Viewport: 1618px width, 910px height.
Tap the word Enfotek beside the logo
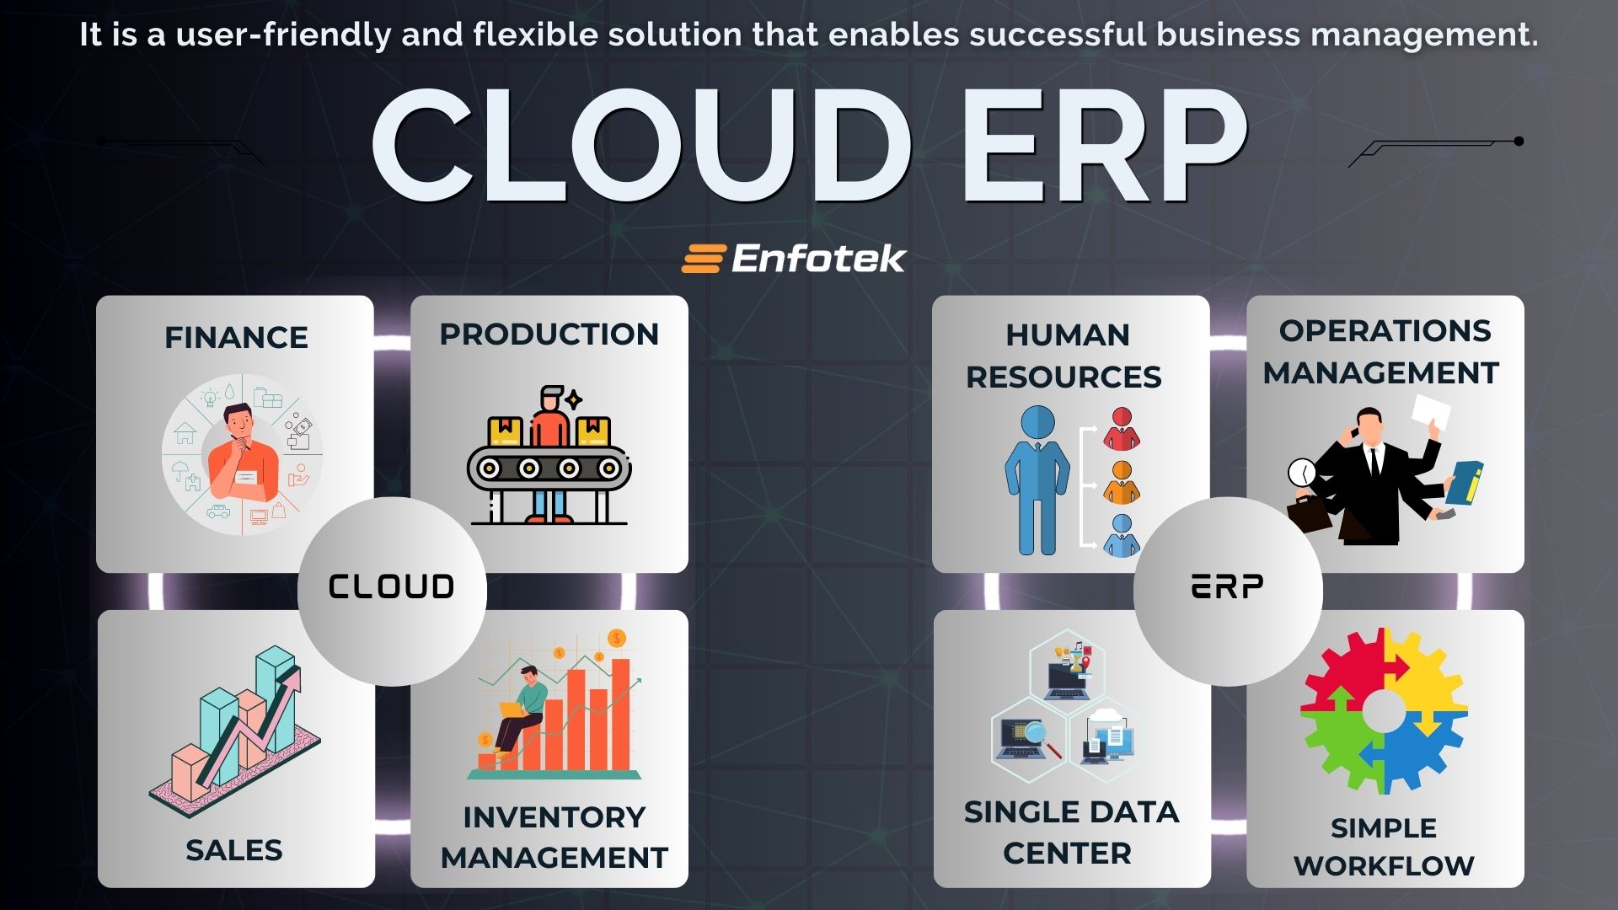point(818,259)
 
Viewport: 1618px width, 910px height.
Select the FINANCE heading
point(236,337)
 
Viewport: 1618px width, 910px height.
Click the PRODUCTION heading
point(549,334)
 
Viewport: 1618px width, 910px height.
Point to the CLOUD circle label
point(391,586)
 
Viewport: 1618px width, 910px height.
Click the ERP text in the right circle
point(1227,586)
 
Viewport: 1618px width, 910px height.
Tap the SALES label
point(234,850)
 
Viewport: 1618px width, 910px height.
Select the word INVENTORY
point(554,816)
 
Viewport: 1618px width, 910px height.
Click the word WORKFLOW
point(1384,865)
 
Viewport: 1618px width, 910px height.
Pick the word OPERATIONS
point(1385,330)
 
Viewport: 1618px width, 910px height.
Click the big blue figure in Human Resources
point(1037,480)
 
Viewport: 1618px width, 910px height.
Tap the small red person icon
point(1122,429)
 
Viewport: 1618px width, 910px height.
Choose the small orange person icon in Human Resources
point(1122,483)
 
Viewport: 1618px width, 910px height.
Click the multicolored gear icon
point(1383,710)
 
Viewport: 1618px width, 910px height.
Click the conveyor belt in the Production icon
point(549,468)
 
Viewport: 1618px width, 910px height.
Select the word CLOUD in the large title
point(640,145)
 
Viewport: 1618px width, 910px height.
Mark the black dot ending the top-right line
point(1519,141)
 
